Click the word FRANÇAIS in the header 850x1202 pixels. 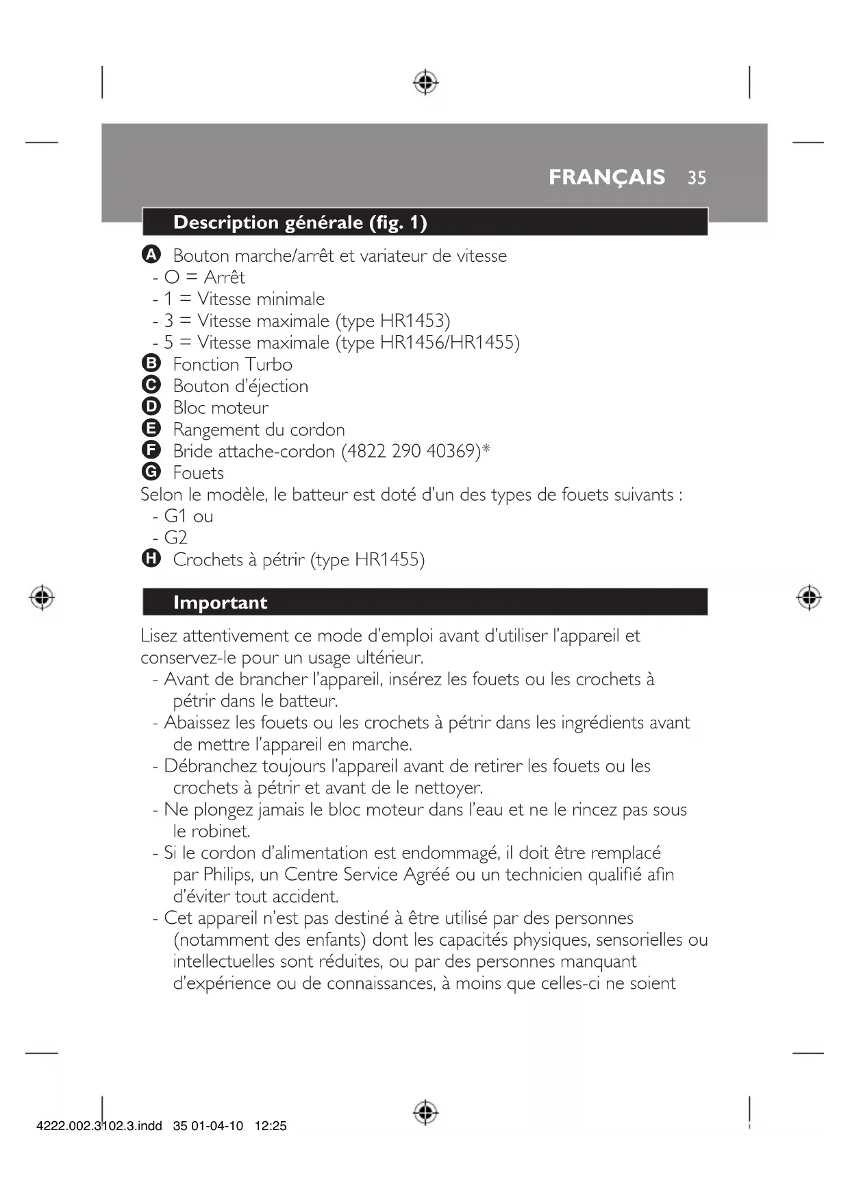coord(606,177)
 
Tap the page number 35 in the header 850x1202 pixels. coord(697,178)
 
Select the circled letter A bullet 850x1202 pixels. coord(151,254)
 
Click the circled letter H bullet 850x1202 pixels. coord(151,559)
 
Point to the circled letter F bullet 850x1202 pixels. coord(151,450)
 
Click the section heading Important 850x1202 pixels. coord(220,602)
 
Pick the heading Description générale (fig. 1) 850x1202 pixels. coord(300,223)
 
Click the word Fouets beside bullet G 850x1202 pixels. coord(198,473)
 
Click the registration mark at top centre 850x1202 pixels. coord(425,82)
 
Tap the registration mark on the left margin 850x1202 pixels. coord(42,598)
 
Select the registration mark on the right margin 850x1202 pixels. coord(809,598)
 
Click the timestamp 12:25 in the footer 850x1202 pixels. coord(271,1126)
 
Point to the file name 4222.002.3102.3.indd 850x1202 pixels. coord(99,1126)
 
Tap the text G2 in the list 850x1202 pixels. coord(175,537)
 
